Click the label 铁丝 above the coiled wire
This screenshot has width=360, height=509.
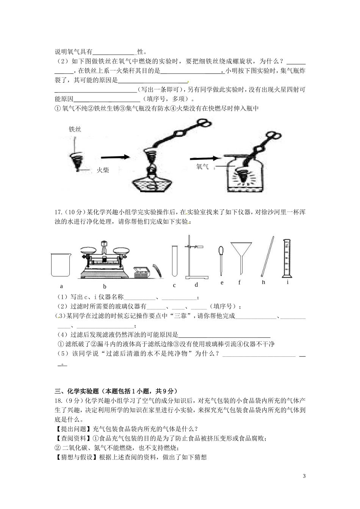coord(75,129)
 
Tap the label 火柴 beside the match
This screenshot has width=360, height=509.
coord(103,170)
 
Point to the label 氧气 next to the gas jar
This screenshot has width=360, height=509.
coord(203,167)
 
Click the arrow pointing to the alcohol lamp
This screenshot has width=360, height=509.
coord(115,157)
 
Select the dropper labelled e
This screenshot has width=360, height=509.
coord(222,258)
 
